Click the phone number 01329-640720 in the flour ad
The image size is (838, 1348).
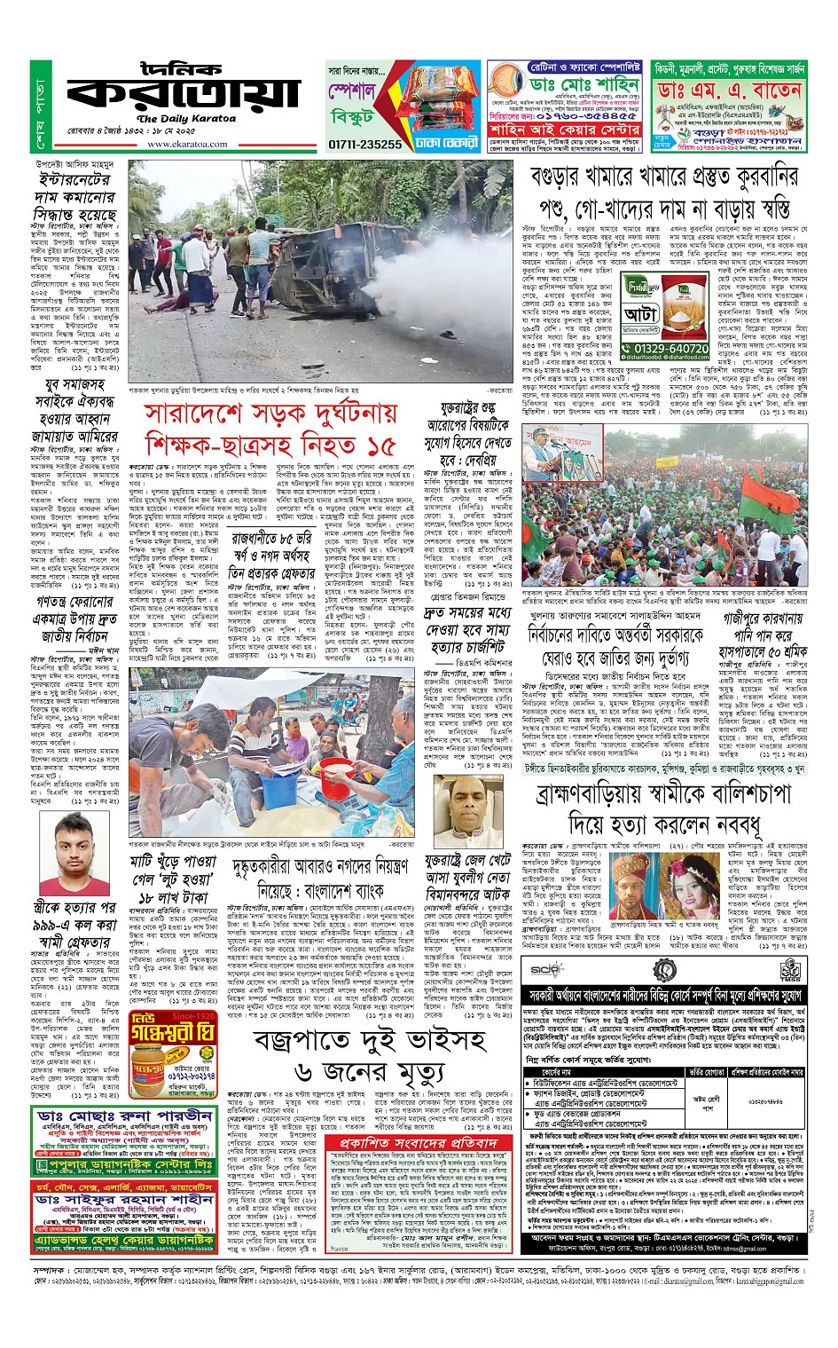pos(671,349)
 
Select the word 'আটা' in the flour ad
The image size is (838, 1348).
pos(641,313)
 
